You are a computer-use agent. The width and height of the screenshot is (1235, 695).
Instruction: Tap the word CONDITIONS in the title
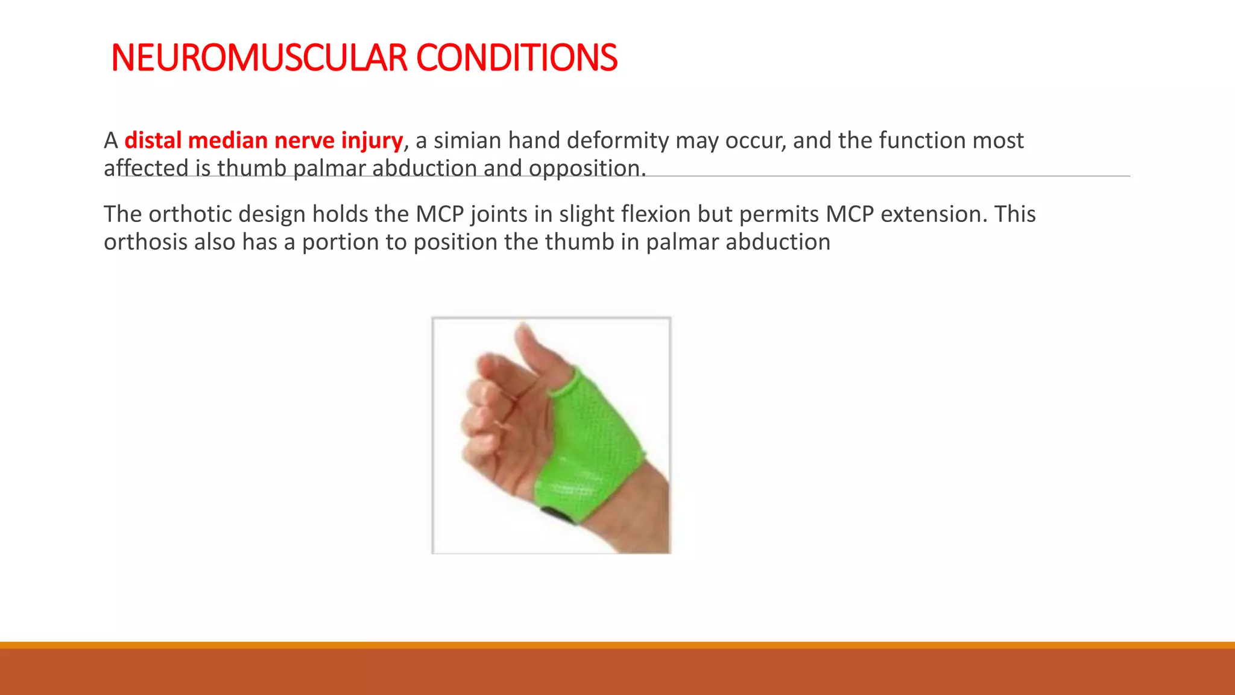[x=516, y=59]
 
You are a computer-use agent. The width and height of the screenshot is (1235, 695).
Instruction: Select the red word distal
[x=153, y=141]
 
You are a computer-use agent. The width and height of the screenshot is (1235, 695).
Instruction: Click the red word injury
[x=371, y=141]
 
